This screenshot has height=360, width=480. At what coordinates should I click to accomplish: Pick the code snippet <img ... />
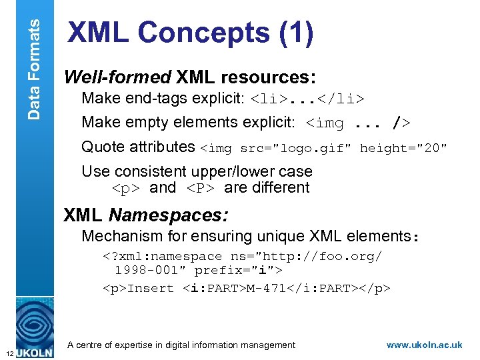pyautogui.click(x=358, y=123)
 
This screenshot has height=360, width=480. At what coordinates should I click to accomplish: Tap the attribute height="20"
pyautogui.click(x=403, y=148)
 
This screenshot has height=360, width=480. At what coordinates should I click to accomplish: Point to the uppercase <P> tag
pyautogui.click(x=201, y=189)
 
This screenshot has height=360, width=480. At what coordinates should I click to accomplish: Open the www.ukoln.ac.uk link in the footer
pyautogui.click(x=424, y=345)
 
